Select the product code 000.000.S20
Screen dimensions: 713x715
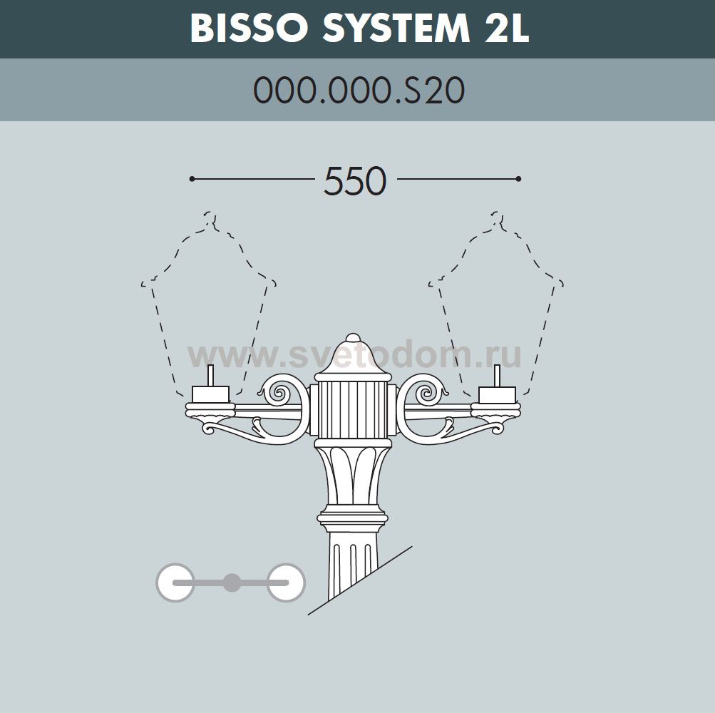[359, 91]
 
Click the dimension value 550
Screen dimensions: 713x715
[355, 181]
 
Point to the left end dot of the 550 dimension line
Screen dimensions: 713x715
[192, 178]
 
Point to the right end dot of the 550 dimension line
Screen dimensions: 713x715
[518, 178]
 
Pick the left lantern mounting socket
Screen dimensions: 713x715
[210, 393]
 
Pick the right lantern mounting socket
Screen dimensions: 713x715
[497, 393]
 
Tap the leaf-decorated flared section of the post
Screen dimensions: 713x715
[353, 474]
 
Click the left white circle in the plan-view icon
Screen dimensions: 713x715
[175, 583]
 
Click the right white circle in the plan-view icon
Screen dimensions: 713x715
[286, 583]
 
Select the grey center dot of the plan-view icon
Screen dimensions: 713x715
[230, 583]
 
